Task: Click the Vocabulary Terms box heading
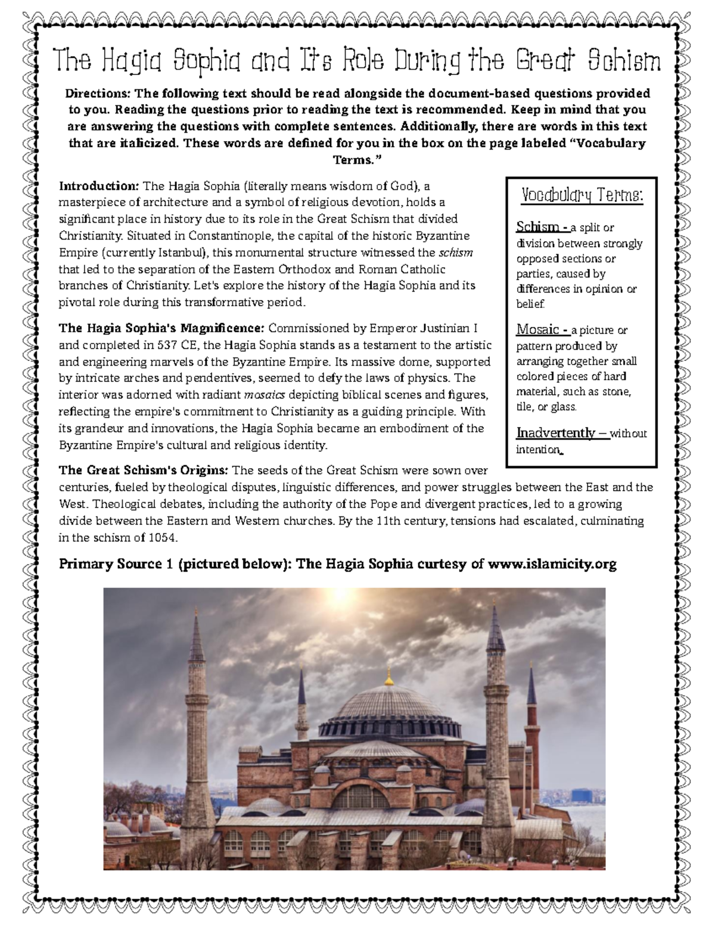point(582,195)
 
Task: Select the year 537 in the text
point(167,345)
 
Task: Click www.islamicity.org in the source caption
point(552,564)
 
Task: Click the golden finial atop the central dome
point(390,678)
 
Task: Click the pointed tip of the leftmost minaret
point(198,612)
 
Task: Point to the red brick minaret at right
point(531,750)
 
